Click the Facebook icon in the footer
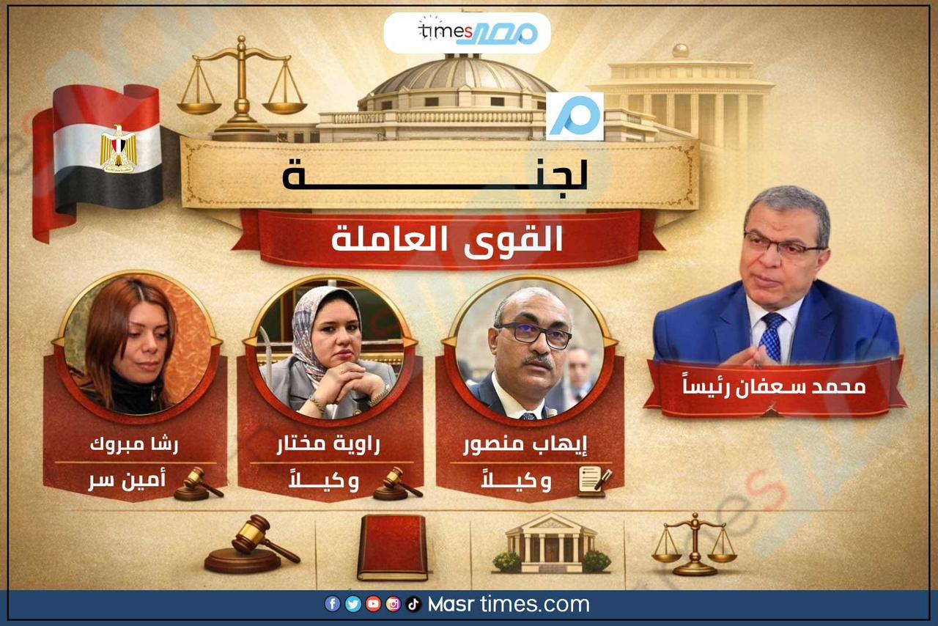333,604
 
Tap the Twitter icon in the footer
352,604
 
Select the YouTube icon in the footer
373,604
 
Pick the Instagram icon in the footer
394,604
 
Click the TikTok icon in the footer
413,604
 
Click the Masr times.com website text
509,604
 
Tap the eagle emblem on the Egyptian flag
119,149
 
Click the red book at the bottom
392,548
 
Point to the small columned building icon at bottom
551,545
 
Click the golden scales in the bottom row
694,545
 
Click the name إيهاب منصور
525,444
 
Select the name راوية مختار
328,444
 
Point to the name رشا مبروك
134,444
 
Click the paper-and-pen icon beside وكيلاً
594,482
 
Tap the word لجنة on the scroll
435,173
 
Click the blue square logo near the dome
575,116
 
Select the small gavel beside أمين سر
198,484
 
